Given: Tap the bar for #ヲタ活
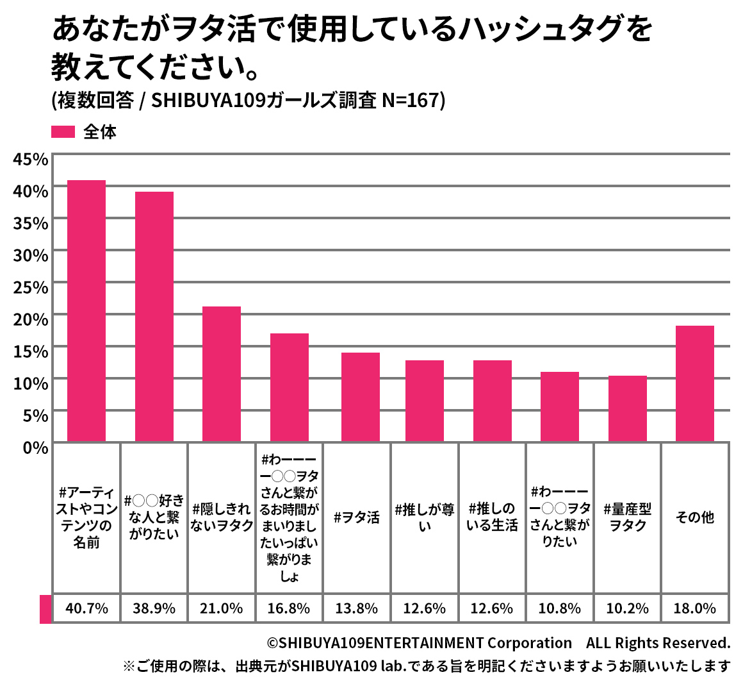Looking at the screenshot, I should coord(360,397).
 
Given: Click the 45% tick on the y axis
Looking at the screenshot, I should coord(30,159).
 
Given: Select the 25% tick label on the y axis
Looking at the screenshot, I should coord(30,287).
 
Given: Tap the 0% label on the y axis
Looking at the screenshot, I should coord(35,448).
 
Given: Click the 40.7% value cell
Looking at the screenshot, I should coord(86,608).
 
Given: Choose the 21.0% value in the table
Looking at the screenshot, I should coord(222,608).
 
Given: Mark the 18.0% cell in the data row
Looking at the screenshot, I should coord(694,608).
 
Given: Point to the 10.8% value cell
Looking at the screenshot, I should coord(559,608).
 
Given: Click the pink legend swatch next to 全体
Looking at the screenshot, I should coord(63,132).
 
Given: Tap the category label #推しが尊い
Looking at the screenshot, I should coord(425,517).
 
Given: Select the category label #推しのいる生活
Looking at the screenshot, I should coord(492,517).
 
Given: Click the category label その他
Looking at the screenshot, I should coord(694,517).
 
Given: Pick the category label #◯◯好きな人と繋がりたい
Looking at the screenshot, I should coord(154,517).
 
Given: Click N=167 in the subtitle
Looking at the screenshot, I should coord(410,101).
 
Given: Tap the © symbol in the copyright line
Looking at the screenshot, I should coord(272,643).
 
